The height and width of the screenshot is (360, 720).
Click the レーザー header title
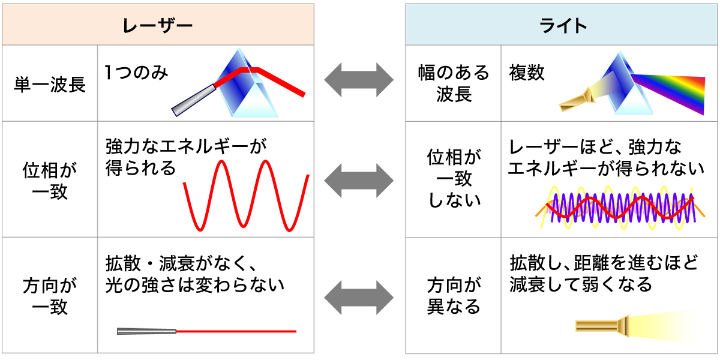click(x=157, y=26)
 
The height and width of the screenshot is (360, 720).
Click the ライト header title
click(x=563, y=26)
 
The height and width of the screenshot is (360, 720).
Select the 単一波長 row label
click(x=50, y=85)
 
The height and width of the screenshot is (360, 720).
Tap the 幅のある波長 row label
click(x=454, y=83)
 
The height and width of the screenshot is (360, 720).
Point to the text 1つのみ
click(x=136, y=73)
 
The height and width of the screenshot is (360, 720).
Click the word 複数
click(x=527, y=73)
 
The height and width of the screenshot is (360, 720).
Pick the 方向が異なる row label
click(x=454, y=296)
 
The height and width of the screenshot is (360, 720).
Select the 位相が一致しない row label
click(x=454, y=179)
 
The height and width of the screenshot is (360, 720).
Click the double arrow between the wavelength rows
click(x=359, y=80)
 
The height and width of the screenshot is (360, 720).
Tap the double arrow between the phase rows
click(x=359, y=181)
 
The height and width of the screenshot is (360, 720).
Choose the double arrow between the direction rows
click(x=359, y=298)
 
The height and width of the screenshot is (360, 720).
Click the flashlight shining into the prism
click(x=577, y=100)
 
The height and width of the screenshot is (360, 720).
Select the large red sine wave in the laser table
click(x=246, y=196)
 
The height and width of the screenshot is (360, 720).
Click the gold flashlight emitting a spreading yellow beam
click(x=602, y=326)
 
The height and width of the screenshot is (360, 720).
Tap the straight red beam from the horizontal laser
click(x=236, y=331)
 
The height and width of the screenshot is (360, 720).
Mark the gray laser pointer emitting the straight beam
click(x=146, y=331)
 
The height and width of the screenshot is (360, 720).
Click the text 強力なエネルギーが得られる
click(x=186, y=157)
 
